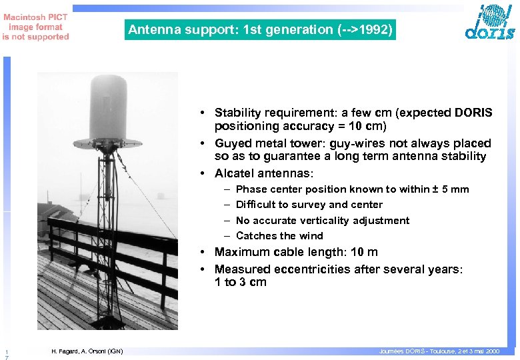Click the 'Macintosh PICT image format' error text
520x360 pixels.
(x=35, y=27)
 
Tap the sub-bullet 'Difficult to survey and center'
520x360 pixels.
(x=309, y=205)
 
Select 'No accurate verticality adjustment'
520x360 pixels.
(x=322, y=220)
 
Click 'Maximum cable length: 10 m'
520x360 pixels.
(x=295, y=252)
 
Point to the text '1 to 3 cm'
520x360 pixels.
(x=240, y=282)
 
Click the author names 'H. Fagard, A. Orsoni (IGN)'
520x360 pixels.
(x=87, y=351)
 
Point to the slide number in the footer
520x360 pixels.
(x=5, y=355)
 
